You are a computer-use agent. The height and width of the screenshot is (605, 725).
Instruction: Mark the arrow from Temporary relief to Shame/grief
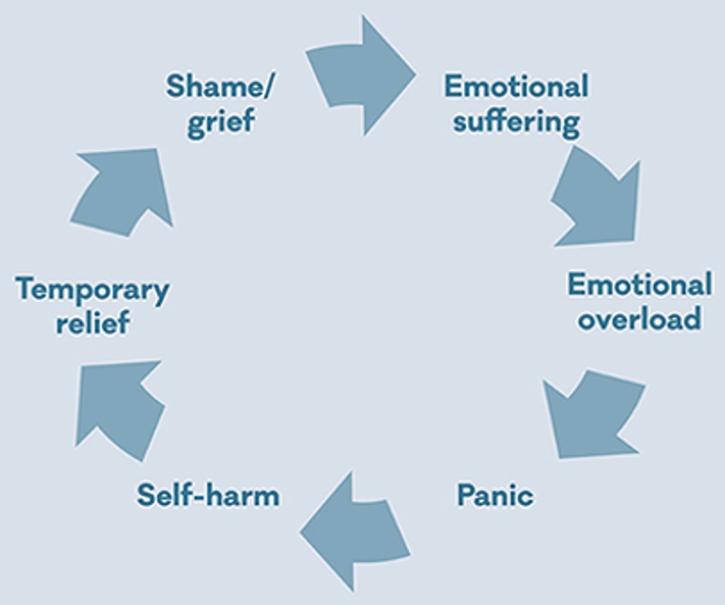[x=124, y=192]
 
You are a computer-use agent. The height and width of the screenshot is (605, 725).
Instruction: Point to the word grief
[x=220, y=122]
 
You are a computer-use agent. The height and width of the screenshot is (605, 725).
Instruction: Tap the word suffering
[x=516, y=122]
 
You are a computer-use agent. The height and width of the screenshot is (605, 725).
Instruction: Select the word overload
[x=639, y=319]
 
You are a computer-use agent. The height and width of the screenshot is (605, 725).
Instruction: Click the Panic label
[x=495, y=495]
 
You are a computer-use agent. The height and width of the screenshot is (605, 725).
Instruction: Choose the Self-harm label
[x=208, y=495]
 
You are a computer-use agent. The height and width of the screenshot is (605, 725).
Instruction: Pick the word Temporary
[x=92, y=290]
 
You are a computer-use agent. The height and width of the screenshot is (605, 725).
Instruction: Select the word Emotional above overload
[x=639, y=284]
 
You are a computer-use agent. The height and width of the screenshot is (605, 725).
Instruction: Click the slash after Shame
[x=267, y=87]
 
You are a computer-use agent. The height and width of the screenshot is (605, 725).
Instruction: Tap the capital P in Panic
[x=466, y=495]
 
